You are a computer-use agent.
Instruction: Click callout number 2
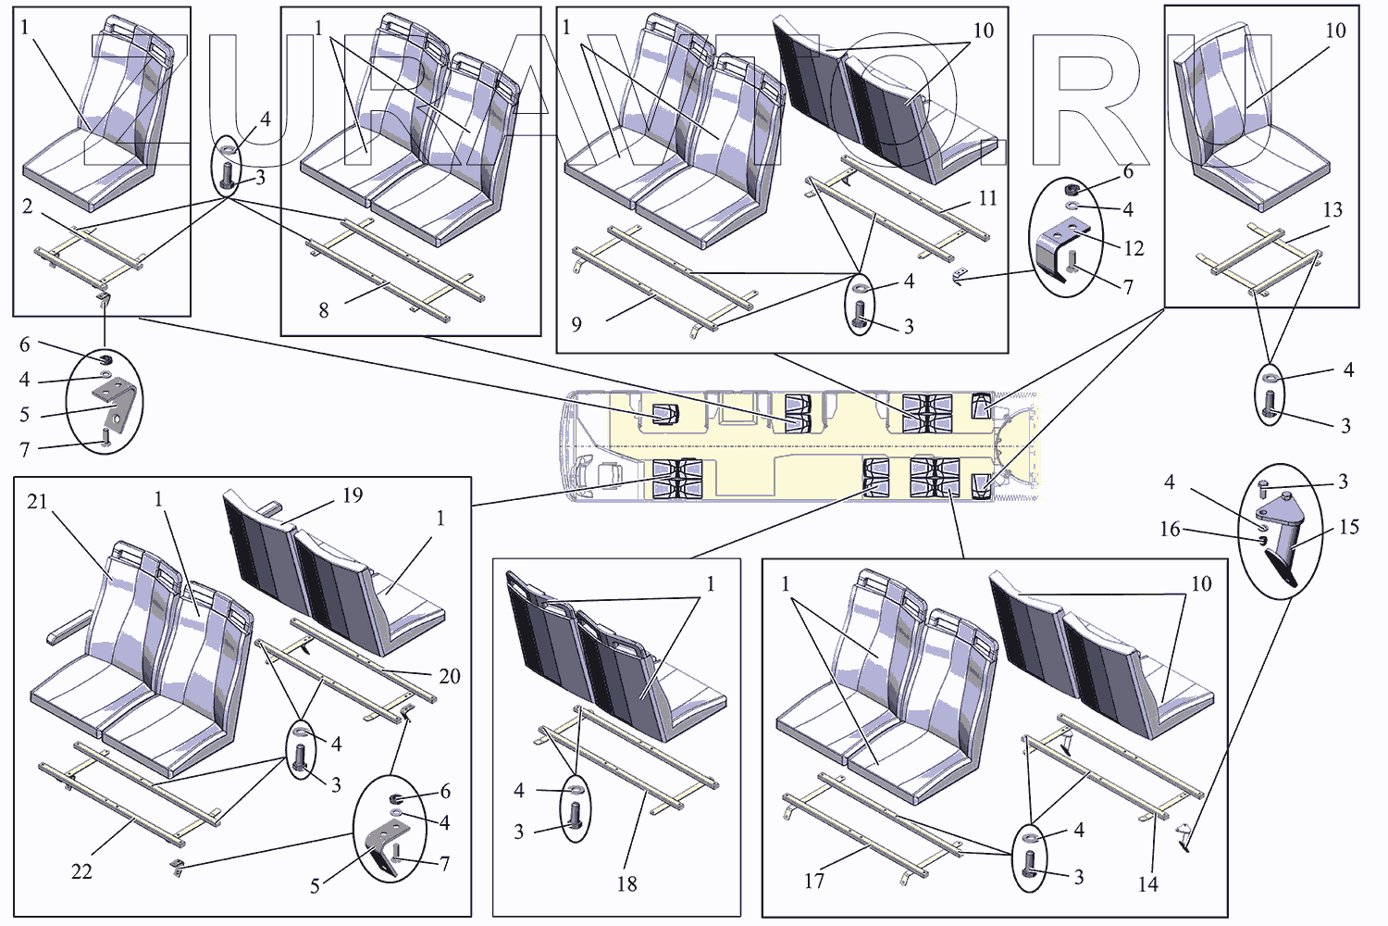[28, 206]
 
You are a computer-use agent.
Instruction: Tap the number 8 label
[323, 310]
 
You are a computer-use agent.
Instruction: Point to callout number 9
[576, 324]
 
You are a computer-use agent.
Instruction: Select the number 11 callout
[987, 198]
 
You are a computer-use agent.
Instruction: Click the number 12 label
[1134, 248]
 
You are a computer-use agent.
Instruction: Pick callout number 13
[1332, 210]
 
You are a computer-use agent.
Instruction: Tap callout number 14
[1147, 884]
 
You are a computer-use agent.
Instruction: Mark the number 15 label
[1348, 527]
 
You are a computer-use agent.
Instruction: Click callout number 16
[1170, 529]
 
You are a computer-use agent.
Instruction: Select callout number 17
[813, 881]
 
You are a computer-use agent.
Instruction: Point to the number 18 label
[626, 883]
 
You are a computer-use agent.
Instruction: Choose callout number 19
[353, 495]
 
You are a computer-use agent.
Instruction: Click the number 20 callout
[449, 676]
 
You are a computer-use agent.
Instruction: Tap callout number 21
[37, 502]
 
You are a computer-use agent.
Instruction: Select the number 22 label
[81, 871]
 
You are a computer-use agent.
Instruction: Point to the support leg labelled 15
[1282, 552]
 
